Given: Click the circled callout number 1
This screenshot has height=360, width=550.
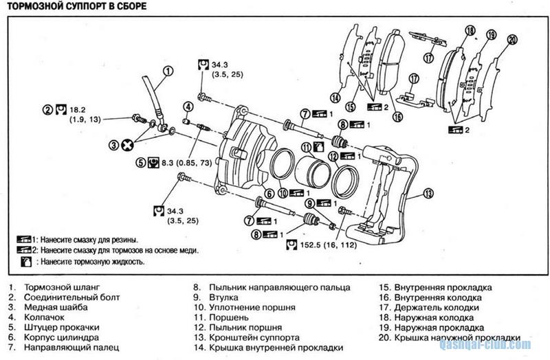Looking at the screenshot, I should point(168,70).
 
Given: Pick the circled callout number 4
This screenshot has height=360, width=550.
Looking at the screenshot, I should point(187,106).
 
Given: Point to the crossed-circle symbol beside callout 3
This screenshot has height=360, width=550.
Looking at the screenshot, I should point(126,145).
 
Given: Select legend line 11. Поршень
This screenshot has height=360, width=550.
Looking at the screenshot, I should point(220,318).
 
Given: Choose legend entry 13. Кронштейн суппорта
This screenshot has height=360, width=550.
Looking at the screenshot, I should point(245,338).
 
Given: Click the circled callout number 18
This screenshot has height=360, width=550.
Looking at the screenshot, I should point(470,31).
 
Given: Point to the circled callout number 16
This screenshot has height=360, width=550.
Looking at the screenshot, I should point(397,117).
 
